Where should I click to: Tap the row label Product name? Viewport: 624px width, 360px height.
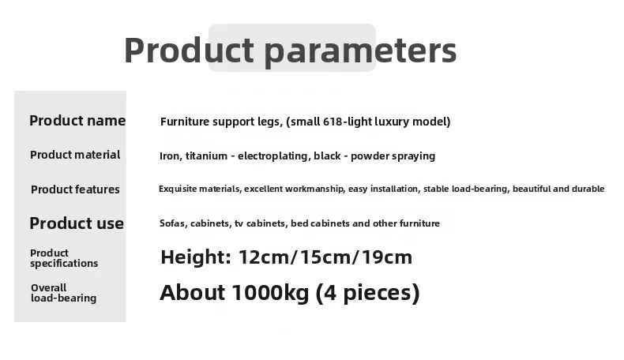coord(77,121)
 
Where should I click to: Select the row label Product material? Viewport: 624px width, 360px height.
coord(75,155)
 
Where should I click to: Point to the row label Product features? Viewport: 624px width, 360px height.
coord(75,189)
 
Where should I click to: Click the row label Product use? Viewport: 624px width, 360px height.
coord(77,223)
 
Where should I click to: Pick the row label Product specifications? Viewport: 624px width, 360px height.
coord(64,259)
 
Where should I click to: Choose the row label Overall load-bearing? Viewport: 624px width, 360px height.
coord(64,293)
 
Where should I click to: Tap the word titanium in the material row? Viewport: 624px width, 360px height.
coord(206,156)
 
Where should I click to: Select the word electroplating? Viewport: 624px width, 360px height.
coord(275,156)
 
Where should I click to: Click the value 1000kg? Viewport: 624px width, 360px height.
coord(270,292)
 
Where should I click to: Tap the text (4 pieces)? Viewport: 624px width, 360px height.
coord(368,293)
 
